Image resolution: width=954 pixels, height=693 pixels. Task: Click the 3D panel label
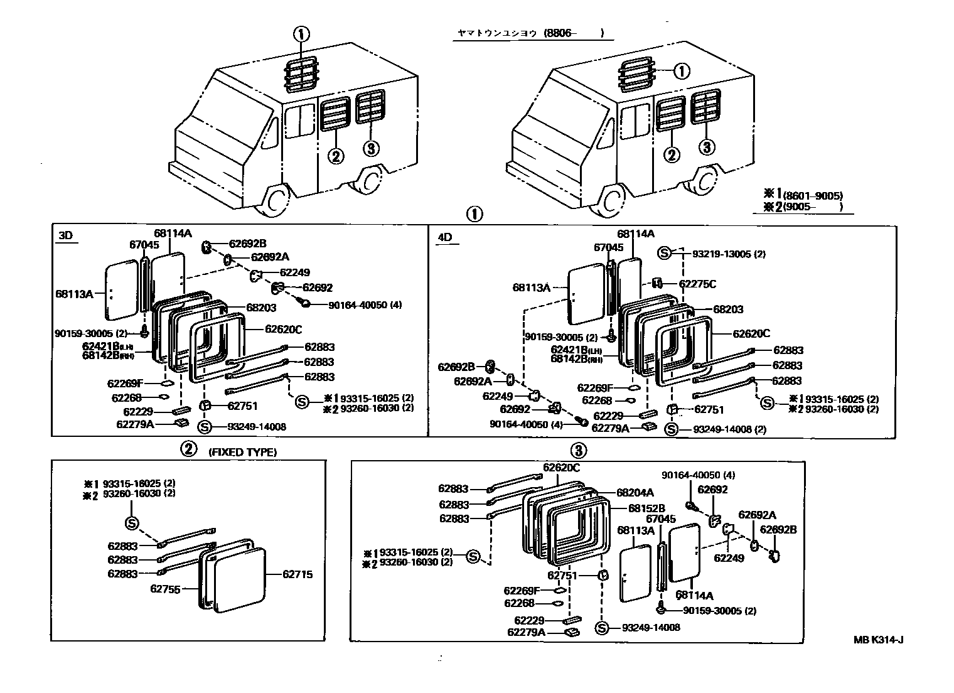pyautogui.click(x=65, y=236)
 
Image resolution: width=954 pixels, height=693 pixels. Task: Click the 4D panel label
pyautogui.click(x=444, y=237)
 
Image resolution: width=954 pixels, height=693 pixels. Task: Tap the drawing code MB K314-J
pyautogui.click(x=879, y=640)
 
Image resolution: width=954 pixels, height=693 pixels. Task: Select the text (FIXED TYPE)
pyautogui.click(x=242, y=451)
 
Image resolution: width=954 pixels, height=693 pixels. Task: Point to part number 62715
pyautogui.click(x=297, y=574)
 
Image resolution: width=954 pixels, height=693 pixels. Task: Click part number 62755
pyautogui.click(x=165, y=589)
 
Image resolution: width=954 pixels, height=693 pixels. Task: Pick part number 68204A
pyautogui.click(x=635, y=493)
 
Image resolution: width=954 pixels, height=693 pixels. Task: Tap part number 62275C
pyautogui.click(x=697, y=284)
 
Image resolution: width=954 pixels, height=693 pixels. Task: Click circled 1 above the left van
pyautogui.click(x=301, y=35)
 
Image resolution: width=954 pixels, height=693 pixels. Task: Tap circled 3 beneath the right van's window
pyautogui.click(x=707, y=147)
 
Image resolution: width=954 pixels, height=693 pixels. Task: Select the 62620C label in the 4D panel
pyautogui.click(x=751, y=334)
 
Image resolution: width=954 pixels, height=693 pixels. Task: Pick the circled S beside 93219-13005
pyautogui.click(x=665, y=253)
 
